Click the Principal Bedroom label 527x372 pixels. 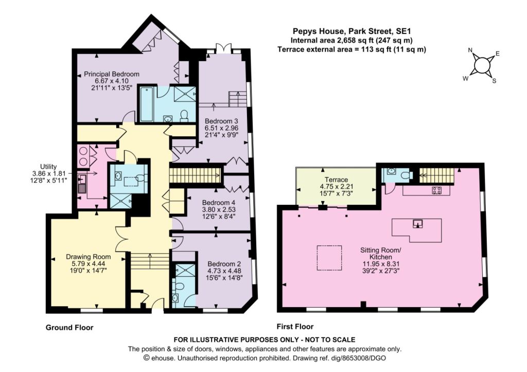[x=112, y=74]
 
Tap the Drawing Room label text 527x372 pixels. [x=88, y=257]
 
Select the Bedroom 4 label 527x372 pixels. [x=218, y=203]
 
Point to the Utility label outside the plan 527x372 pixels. [x=48, y=166]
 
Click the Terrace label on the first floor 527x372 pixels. [x=336, y=180]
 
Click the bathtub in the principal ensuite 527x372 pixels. [x=147, y=104]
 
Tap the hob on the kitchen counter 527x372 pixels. [x=436, y=190]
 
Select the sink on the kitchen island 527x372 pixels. [x=418, y=223]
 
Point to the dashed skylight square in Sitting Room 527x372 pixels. [x=329, y=258]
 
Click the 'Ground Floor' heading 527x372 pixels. [x=69, y=327]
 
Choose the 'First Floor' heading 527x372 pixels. [x=295, y=326]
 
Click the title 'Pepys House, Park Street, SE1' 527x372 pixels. [x=352, y=31]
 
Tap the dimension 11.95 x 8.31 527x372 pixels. [x=380, y=264]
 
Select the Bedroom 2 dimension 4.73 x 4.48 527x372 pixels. [x=224, y=271]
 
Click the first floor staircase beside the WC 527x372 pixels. [x=436, y=175]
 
